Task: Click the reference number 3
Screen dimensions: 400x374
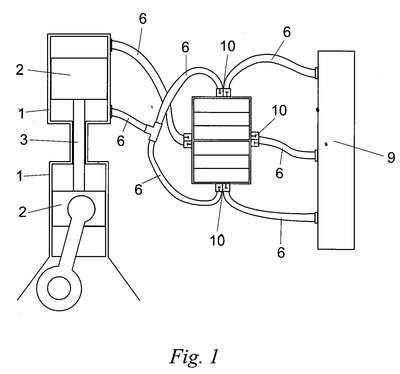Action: (23, 140)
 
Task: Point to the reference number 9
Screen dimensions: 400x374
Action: (391, 157)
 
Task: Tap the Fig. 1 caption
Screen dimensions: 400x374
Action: (194, 356)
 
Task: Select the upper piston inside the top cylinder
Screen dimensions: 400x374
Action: (79, 78)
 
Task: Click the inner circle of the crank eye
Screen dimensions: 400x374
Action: (59, 287)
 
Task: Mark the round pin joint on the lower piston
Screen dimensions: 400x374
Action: (81, 209)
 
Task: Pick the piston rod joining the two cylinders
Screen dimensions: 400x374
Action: (79, 145)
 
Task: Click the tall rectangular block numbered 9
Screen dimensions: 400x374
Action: (336, 150)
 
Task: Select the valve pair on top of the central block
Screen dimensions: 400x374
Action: (223, 92)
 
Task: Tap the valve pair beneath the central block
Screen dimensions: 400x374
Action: (222, 188)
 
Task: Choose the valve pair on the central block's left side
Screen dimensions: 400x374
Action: (187, 140)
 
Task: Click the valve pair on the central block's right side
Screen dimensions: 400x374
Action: (254, 139)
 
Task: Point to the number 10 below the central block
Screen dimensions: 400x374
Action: (217, 240)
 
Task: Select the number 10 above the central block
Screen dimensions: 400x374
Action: (227, 47)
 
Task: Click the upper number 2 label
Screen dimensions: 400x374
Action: (20, 70)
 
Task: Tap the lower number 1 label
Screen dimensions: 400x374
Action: (20, 176)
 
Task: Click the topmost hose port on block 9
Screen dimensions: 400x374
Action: (316, 73)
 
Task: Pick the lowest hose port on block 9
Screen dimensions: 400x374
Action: (316, 218)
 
